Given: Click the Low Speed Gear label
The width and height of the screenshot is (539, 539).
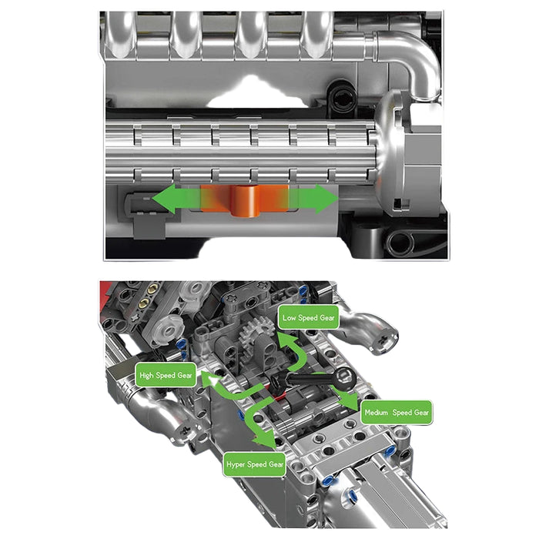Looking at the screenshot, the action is pyautogui.click(x=308, y=317).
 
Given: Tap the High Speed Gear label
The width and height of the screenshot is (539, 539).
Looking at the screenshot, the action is pyautogui.click(x=166, y=375).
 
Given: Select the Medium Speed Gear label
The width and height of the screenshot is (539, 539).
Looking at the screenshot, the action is pyautogui.click(x=397, y=413).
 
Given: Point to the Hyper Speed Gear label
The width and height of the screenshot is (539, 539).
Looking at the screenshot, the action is pyautogui.click(x=255, y=464).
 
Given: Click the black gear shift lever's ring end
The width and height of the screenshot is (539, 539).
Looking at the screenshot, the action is pyautogui.click(x=344, y=378).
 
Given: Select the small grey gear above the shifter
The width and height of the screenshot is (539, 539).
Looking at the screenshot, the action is pyautogui.click(x=256, y=330).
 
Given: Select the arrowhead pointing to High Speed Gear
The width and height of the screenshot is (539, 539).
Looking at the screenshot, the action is pyautogui.click(x=209, y=379).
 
